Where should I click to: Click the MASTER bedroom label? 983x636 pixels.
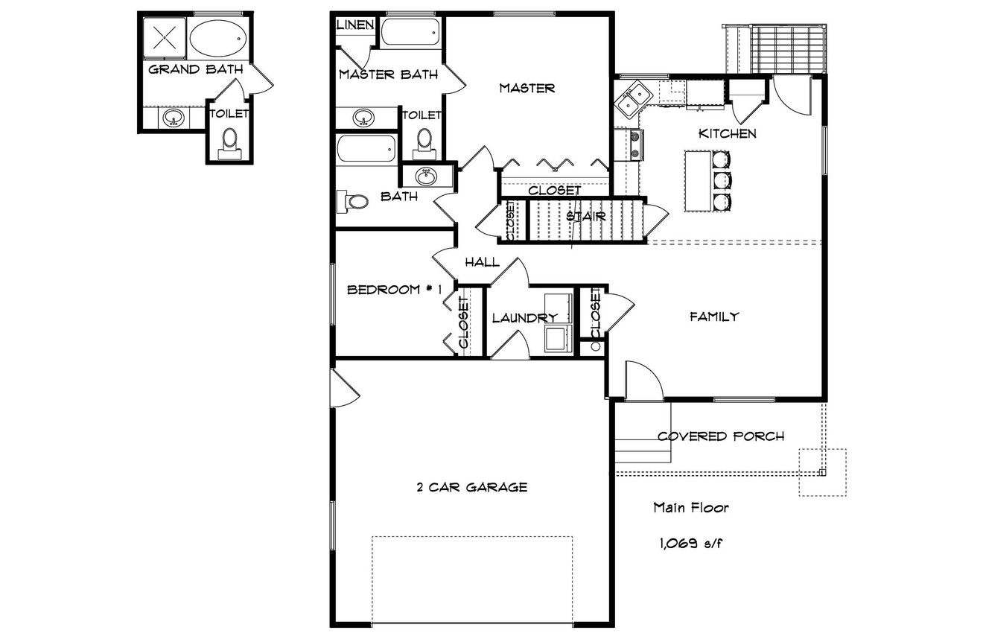[x=527, y=88]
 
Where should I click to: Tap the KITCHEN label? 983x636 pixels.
[x=727, y=134]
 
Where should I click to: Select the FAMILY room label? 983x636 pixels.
[x=713, y=317]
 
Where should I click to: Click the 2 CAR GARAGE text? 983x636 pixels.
[x=471, y=488]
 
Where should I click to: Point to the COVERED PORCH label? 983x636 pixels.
[x=720, y=436]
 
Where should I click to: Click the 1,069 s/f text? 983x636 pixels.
[x=690, y=543]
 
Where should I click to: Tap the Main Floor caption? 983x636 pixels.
[x=690, y=508]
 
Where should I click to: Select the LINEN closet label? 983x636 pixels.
[x=355, y=25]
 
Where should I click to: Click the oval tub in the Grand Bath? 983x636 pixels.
[x=217, y=37]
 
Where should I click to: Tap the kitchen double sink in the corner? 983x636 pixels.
[x=634, y=100]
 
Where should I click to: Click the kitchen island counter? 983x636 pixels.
[x=698, y=181]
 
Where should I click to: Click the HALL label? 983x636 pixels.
[x=482, y=262]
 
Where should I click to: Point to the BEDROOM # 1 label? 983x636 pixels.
[x=395, y=290]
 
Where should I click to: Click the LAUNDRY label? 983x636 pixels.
[x=524, y=318]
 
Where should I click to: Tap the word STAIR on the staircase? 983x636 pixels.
[x=585, y=217]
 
